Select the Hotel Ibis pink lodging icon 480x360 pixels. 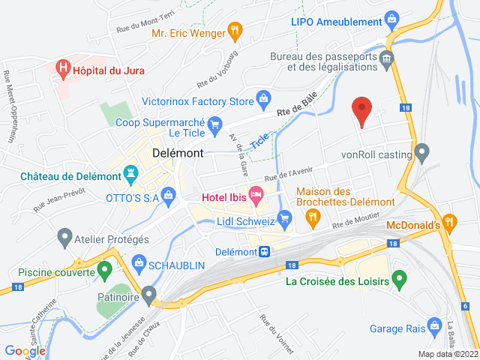256,196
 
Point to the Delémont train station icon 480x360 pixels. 265,252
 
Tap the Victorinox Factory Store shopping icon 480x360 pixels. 263,97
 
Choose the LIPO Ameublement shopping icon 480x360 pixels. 390,19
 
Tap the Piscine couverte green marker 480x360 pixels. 105,268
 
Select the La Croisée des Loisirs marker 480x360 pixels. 399,280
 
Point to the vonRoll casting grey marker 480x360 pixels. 421,154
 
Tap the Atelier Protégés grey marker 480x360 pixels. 64,238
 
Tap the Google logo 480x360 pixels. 25,350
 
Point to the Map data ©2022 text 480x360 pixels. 447,354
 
